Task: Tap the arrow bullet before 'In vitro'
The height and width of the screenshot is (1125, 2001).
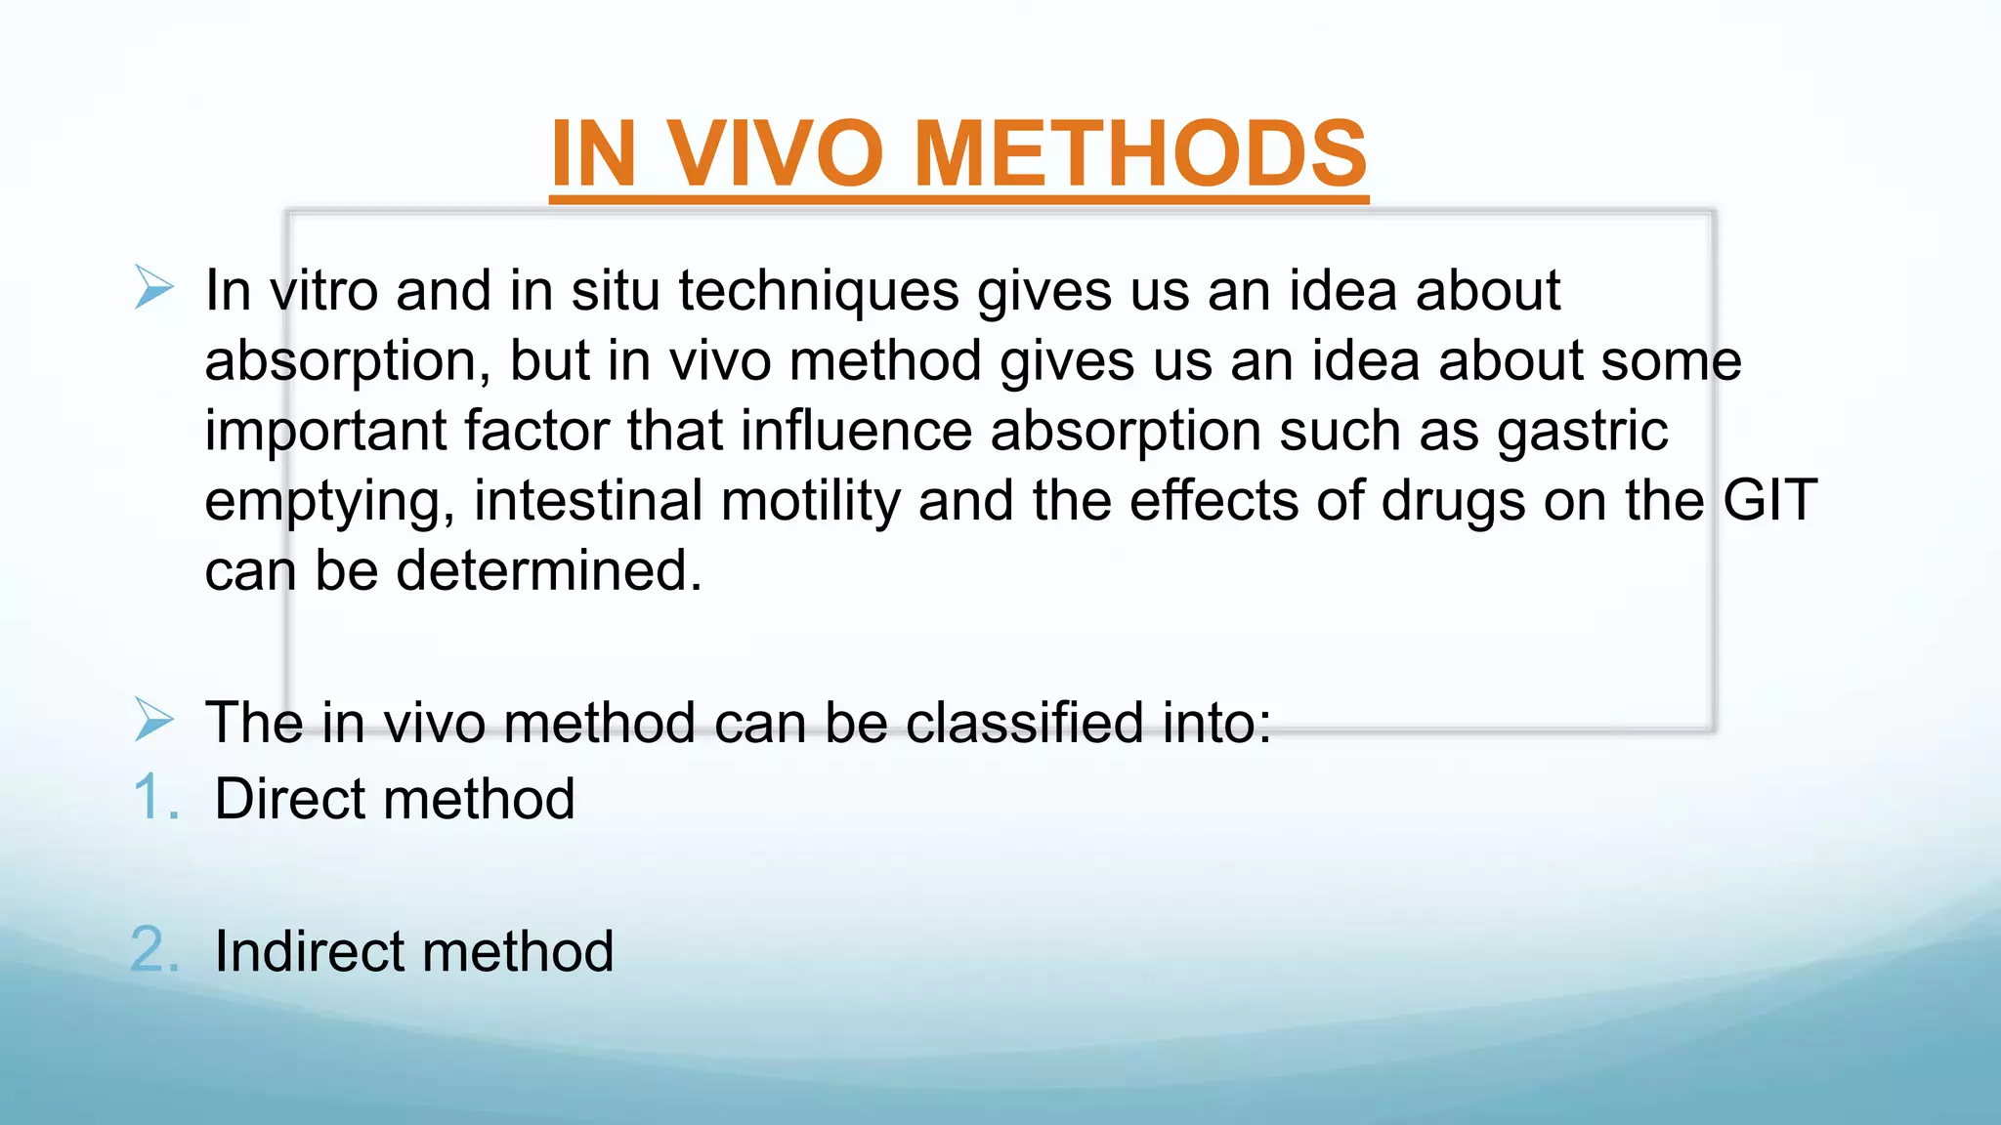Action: tap(153, 288)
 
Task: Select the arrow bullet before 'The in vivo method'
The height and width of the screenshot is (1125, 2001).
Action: tap(153, 721)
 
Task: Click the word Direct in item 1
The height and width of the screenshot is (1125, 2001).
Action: tap(290, 799)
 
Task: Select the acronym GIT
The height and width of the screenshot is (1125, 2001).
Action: tap(1769, 500)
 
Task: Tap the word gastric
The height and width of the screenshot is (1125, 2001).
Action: tap(1582, 431)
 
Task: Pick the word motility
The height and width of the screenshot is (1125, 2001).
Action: tap(810, 500)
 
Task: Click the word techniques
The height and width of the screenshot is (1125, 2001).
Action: tap(818, 291)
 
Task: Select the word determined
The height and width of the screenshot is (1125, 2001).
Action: tap(548, 570)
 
